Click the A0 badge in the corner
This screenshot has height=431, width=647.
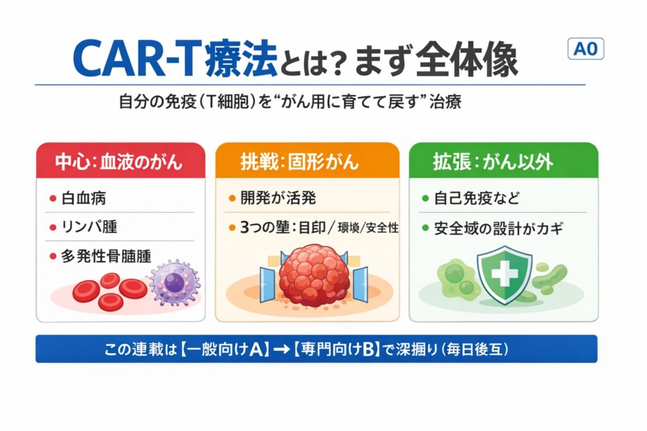(586, 49)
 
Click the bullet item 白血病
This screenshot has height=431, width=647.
(84, 198)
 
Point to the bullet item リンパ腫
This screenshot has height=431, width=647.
(89, 227)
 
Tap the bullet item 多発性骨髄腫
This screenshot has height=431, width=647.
(106, 256)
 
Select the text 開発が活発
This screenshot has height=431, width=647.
(278, 198)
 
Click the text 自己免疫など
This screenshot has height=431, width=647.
(476, 198)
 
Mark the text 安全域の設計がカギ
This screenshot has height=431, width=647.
(499, 228)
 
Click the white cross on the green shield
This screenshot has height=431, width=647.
(505, 273)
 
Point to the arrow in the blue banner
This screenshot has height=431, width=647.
(282, 350)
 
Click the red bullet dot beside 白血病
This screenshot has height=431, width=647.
(53, 199)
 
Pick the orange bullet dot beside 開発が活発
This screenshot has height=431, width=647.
(232, 199)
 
